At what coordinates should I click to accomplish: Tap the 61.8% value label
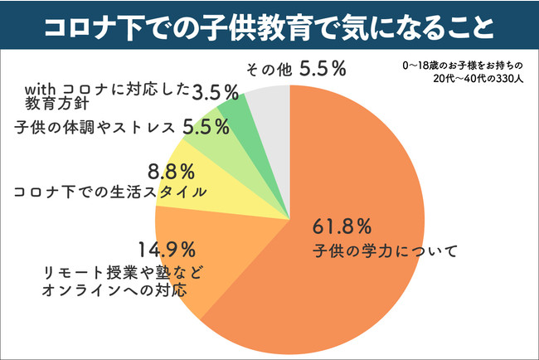point(341,226)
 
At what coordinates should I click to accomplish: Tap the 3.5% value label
point(214,91)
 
